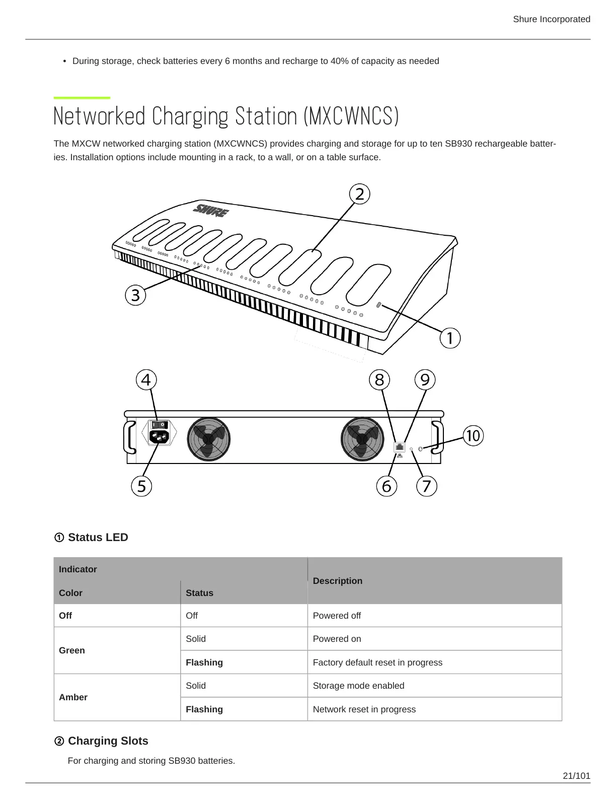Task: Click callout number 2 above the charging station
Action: pyautogui.click(x=359, y=194)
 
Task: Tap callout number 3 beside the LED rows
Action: pyautogui.click(x=135, y=295)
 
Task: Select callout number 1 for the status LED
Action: pyautogui.click(x=450, y=338)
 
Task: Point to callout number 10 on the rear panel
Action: pyautogui.click(x=473, y=435)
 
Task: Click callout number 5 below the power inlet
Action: pyautogui.click(x=141, y=486)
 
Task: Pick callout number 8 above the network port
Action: pyautogui.click(x=379, y=379)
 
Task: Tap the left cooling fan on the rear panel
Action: pyautogui.click(x=208, y=439)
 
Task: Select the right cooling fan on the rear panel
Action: pyautogui.click(x=362, y=439)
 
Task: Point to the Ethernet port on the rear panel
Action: pyautogui.click(x=400, y=447)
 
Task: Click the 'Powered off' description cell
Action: pyautogui.click(x=337, y=616)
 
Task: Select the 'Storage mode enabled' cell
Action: pyautogui.click(x=358, y=686)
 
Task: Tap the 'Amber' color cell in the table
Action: pyautogui.click(x=73, y=697)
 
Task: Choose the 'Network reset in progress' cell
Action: pyautogui.click(x=364, y=709)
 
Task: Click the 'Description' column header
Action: pyautogui.click(x=337, y=581)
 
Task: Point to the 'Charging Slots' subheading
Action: pyautogui.click(x=108, y=741)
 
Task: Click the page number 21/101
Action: pyautogui.click(x=576, y=776)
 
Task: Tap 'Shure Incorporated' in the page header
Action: pyautogui.click(x=551, y=19)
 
